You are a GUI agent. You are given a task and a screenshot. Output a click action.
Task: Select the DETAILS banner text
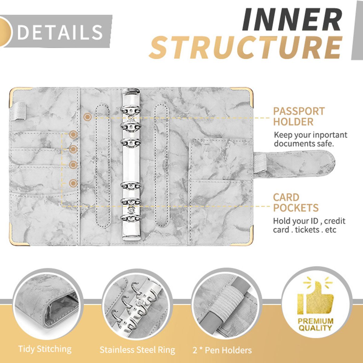tap(60, 32)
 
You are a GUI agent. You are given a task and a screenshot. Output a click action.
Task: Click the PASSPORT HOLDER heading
tap(299, 116)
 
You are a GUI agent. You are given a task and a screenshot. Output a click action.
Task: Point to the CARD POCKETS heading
tap(296, 202)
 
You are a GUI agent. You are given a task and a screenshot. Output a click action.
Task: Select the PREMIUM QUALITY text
tap(315, 325)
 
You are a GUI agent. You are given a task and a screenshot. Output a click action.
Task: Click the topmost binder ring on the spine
tap(131, 109)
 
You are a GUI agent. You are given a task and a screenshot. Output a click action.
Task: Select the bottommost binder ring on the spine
tap(131, 218)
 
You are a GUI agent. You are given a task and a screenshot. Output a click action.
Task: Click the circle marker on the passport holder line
tap(87, 117)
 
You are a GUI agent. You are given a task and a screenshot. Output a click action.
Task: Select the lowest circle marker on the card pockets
tap(73, 183)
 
